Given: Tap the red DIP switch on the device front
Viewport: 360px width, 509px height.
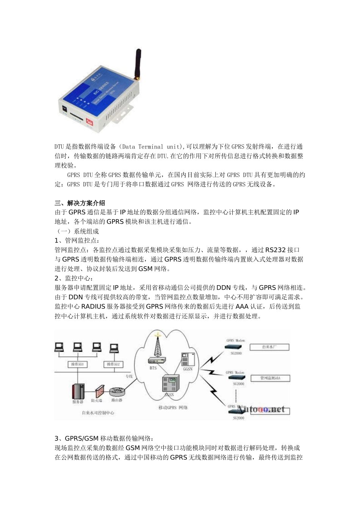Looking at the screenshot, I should (x=89, y=121).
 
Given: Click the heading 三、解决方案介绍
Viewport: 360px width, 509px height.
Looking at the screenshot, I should (x=80, y=203).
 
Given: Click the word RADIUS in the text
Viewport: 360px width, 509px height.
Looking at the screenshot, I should (x=93, y=307).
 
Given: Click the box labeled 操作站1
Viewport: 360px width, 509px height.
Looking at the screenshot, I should (x=78, y=364).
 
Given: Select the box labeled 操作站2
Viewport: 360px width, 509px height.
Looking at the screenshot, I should (x=114, y=364).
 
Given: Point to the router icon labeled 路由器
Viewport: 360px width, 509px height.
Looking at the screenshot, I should (x=117, y=392).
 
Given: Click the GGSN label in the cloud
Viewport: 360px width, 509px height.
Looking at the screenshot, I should (x=188, y=369).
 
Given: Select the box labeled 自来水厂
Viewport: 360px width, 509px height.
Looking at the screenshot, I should (x=270, y=347).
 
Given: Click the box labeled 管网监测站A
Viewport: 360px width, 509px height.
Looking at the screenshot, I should (x=270, y=378).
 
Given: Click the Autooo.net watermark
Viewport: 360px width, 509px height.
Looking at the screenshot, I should (x=261, y=409).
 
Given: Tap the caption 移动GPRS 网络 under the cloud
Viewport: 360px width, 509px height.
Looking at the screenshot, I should (x=173, y=408).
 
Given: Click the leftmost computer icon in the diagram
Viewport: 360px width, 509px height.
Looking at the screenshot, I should (x=59, y=347).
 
